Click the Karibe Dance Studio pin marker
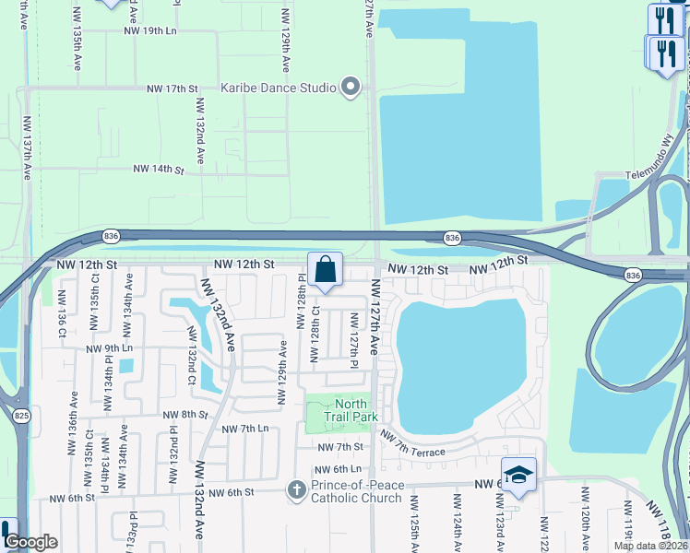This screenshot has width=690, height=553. (x=350, y=88)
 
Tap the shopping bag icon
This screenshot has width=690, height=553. (x=325, y=271)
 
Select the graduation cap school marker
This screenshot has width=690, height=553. (x=518, y=476)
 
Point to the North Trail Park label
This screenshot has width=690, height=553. (x=351, y=410)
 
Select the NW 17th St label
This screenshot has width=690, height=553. (x=172, y=88)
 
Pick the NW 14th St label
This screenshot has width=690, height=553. (x=159, y=170)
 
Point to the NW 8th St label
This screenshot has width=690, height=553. (x=186, y=415)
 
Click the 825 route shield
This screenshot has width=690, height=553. (x=20, y=416)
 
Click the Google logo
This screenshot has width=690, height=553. (x=30, y=542)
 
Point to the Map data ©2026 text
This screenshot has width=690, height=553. (x=650, y=546)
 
